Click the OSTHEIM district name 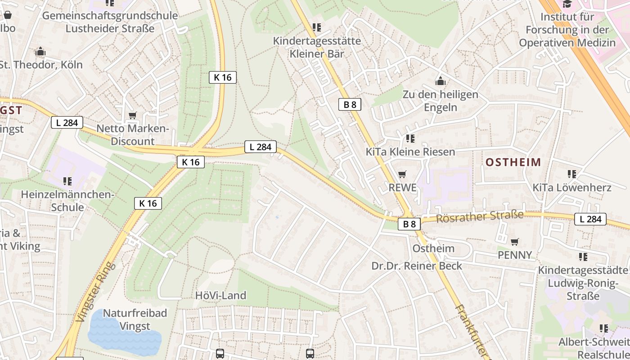pyautogui.click(x=513, y=162)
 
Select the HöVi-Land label pyautogui.click(x=220, y=296)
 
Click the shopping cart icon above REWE pyautogui.click(x=402, y=174)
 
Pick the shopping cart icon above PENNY pyautogui.click(x=515, y=242)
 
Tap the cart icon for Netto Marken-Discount pyautogui.click(x=132, y=116)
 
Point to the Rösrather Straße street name pyautogui.click(x=480, y=217)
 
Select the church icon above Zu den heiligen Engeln pyautogui.click(x=440, y=81)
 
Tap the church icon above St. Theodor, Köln pyautogui.click(x=40, y=51)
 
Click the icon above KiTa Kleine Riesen pyautogui.click(x=410, y=138)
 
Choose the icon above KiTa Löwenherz pyautogui.click(x=572, y=174)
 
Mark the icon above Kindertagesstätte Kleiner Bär pyautogui.click(x=317, y=27)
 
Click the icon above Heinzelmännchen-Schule pyautogui.click(x=67, y=181)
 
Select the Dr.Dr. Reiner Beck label pyautogui.click(x=417, y=266)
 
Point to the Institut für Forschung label pyautogui.click(x=567, y=30)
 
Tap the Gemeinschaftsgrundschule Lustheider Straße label pyautogui.click(x=110, y=22)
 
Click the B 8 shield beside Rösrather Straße pyautogui.click(x=409, y=224)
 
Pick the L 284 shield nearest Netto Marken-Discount pyautogui.click(x=67, y=122)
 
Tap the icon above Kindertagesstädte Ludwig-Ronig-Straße pyautogui.click(x=583, y=256)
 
